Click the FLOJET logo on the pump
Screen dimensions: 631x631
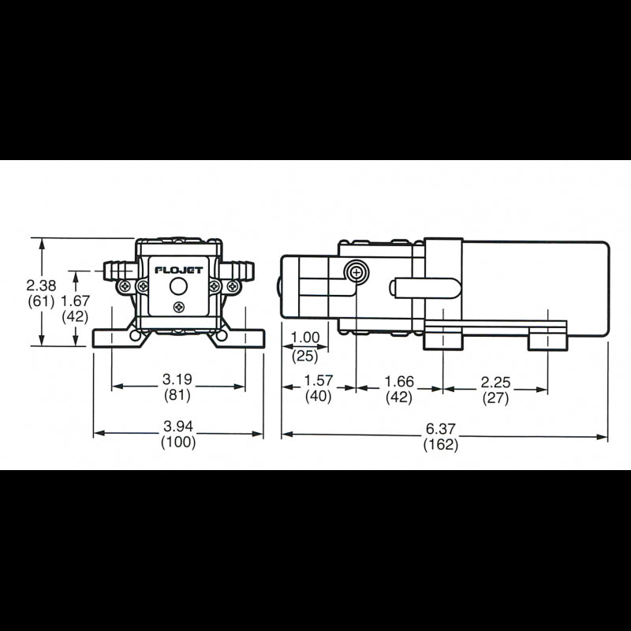[x=179, y=270]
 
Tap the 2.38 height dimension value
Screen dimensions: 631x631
[x=41, y=286]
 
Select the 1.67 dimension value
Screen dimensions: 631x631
[x=75, y=301]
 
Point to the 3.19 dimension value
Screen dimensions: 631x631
[x=177, y=379]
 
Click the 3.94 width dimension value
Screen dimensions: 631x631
[x=178, y=426]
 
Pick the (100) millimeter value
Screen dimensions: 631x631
[x=178, y=442]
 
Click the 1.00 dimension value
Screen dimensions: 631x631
[x=305, y=338]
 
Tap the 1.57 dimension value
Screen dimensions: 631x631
[x=319, y=380]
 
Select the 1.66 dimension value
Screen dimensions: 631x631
[x=399, y=381]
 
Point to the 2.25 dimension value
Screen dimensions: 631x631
[x=495, y=383]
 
